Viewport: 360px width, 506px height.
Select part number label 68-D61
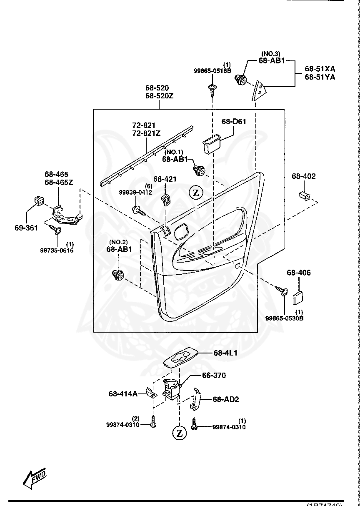coord(234,122)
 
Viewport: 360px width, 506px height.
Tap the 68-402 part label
coord(303,176)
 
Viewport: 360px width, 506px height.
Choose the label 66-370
coord(214,376)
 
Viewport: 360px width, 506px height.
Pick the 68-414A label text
coord(123,393)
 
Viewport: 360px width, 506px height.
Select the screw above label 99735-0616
coord(55,228)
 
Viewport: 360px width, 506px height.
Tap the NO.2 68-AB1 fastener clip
coord(118,275)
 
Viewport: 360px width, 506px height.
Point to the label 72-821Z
coord(147,133)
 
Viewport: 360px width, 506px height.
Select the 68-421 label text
coord(165,179)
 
